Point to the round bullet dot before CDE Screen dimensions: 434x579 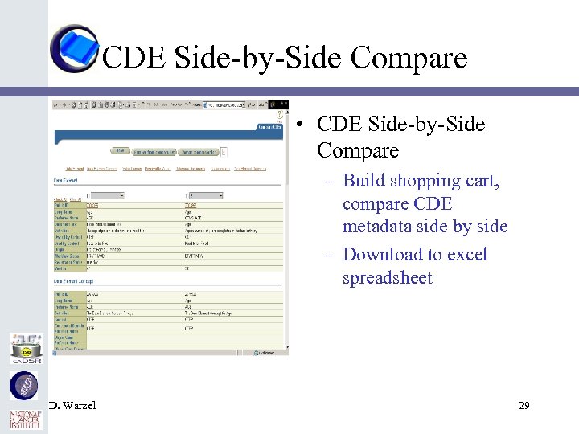[x=298, y=125]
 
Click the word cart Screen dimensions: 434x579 [x=483, y=181]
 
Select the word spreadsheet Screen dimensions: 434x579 [x=388, y=279]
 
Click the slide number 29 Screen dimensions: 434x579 [x=524, y=406]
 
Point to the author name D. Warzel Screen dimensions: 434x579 [x=72, y=406]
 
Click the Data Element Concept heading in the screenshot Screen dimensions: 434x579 [x=75, y=280]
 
